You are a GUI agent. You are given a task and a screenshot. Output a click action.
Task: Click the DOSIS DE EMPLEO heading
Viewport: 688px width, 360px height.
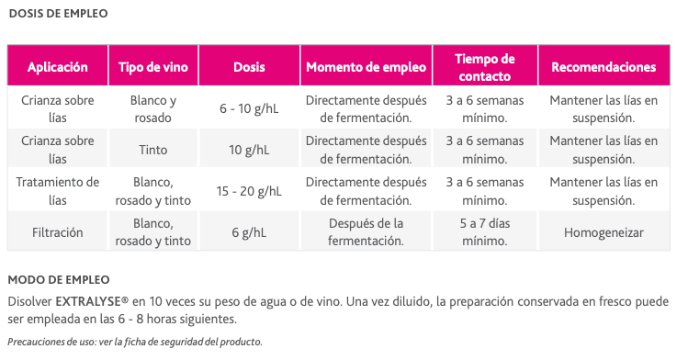pos(58,14)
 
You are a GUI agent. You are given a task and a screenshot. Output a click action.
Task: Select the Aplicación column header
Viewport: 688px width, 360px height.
pos(58,67)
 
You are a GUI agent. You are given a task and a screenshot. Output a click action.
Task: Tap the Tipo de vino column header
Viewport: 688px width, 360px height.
pos(153,67)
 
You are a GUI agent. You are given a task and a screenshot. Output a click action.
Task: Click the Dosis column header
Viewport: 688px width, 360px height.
pos(250,67)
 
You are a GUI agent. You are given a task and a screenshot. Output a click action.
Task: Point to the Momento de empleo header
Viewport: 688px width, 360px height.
pos(366,67)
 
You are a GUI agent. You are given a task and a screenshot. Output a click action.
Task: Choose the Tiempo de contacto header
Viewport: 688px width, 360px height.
pos(485,67)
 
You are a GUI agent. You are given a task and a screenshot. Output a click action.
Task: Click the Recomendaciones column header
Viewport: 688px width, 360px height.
pos(603,67)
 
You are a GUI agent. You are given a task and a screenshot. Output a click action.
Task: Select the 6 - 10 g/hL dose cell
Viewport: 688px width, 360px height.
pos(250,108)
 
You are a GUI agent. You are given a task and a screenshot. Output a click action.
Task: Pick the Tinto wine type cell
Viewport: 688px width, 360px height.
pos(153,150)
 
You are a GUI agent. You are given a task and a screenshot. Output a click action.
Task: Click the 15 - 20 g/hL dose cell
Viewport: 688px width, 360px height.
pos(250,191)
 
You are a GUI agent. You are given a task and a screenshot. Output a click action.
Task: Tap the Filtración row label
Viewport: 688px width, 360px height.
pos(58,232)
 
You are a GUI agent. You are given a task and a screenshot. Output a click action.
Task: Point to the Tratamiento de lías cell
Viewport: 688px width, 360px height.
pos(58,191)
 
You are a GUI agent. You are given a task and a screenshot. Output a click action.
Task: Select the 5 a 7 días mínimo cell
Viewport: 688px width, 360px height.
pos(485,232)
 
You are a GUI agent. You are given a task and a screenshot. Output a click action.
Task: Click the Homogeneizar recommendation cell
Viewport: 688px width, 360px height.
pos(603,232)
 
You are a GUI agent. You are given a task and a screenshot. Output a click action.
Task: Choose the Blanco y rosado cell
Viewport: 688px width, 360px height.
pos(153,108)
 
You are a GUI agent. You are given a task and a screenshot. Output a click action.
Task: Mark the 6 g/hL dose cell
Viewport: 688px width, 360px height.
pos(250,232)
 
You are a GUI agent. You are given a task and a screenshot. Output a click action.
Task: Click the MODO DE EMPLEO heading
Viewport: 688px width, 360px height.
pos(59,279)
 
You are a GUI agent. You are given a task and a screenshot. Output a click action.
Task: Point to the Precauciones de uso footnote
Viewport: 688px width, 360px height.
pos(135,342)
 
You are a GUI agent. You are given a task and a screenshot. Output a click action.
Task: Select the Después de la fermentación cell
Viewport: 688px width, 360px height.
pos(366,232)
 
